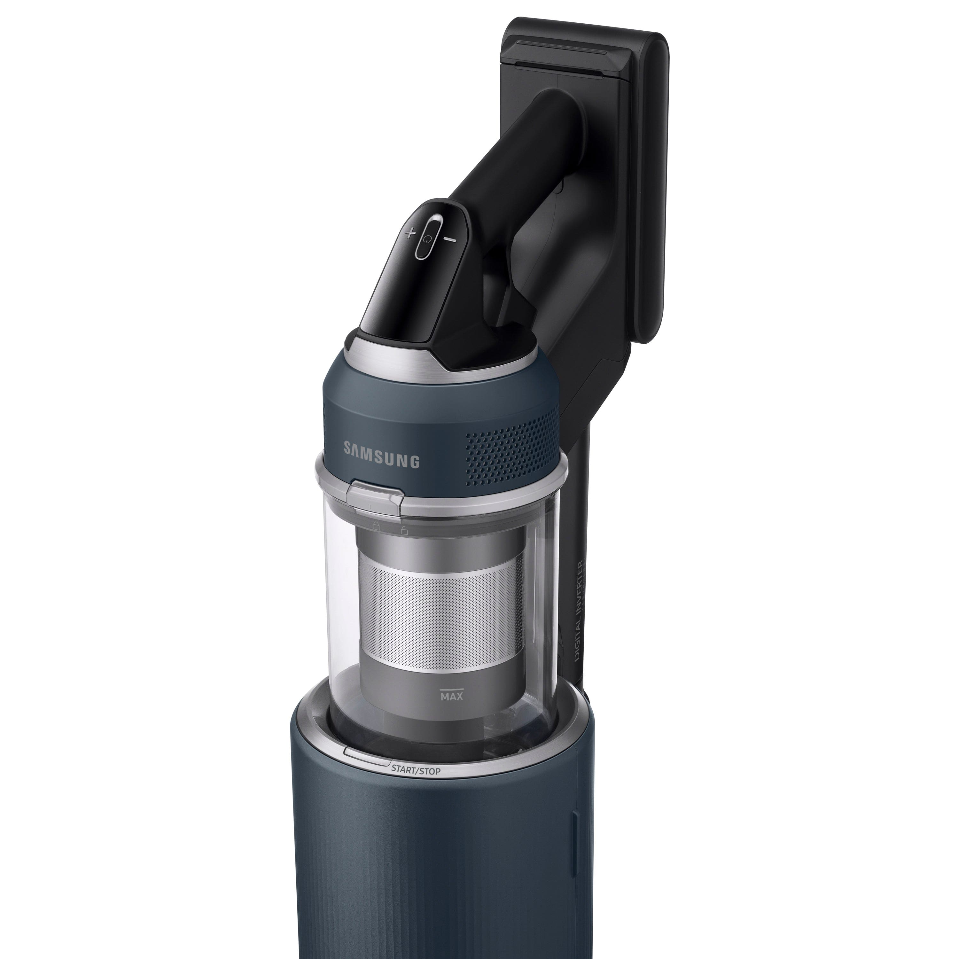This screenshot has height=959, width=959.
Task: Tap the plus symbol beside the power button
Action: (x=409, y=232)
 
